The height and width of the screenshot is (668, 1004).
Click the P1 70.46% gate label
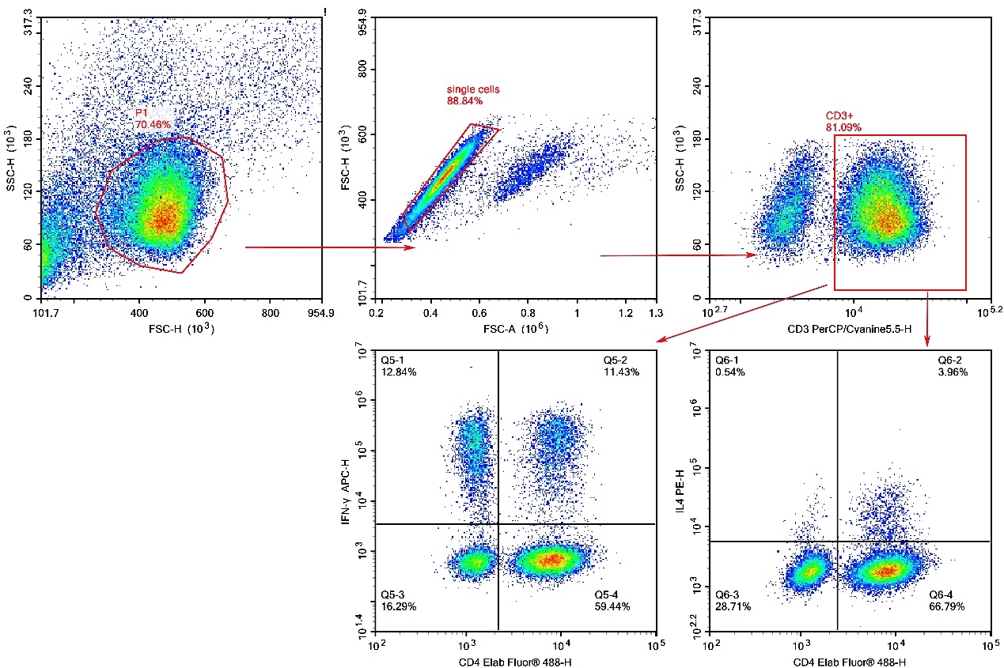152,119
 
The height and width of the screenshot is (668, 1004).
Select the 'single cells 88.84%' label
473,95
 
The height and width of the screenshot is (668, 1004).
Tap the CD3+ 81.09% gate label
843,120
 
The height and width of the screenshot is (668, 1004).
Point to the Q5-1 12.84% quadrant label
398,366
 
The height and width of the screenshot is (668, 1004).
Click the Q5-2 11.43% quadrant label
621,366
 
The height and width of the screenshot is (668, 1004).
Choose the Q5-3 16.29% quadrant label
398,600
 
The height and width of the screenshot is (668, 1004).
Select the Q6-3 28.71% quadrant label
733,600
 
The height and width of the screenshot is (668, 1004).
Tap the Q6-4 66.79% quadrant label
946,600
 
